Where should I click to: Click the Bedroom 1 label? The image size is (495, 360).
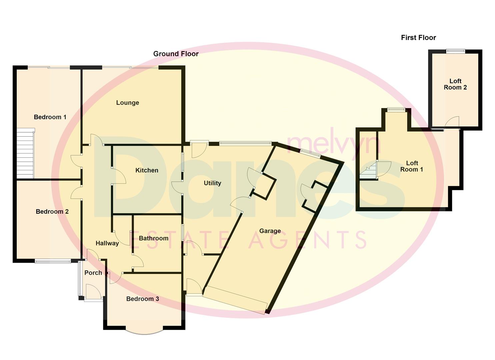click(x=50, y=117)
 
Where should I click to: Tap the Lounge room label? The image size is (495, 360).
click(x=127, y=103)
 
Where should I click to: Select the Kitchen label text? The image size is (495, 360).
click(x=147, y=170)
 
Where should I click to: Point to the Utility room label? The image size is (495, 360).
click(x=212, y=183)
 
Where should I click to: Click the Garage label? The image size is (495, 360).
click(x=270, y=231)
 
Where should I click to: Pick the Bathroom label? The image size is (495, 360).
click(x=153, y=238)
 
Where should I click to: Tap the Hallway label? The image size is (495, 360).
click(x=107, y=243)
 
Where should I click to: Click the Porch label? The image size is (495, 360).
click(x=93, y=273)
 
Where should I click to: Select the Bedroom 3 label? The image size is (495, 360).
click(x=142, y=299)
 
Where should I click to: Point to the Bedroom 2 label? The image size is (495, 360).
click(x=52, y=212)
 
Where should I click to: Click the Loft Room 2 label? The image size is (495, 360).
click(x=455, y=84)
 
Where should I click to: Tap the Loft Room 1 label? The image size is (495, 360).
click(x=412, y=166)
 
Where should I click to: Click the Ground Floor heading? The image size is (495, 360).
click(x=176, y=54)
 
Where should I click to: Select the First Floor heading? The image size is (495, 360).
click(x=418, y=38)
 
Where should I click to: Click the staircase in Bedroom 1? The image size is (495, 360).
click(x=25, y=153)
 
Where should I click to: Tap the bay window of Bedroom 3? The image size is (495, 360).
click(x=144, y=331)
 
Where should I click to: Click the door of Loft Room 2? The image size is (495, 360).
click(x=452, y=122)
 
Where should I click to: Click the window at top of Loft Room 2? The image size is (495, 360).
click(x=455, y=51)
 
